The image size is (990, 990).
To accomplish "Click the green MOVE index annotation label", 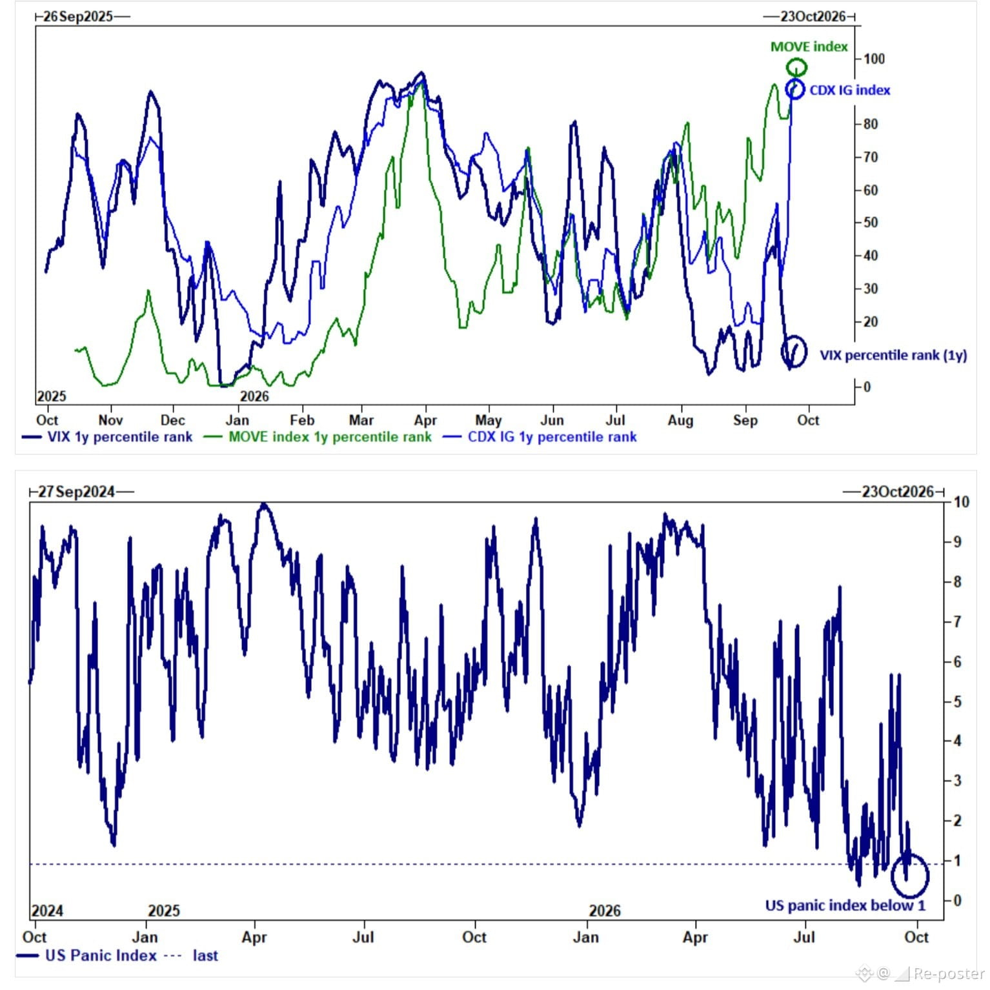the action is [x=809, y=46].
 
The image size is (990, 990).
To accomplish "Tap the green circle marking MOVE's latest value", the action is [x=796, y=59].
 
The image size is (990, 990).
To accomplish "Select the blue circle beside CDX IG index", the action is [x=787, y=89].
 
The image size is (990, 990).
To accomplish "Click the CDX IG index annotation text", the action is [x=849, y=90].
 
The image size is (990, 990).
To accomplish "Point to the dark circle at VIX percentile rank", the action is [x=782, y=352].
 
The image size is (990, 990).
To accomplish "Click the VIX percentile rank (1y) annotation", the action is [x=893, y=355].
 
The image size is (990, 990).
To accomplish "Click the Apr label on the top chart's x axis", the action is [x=425, y=420].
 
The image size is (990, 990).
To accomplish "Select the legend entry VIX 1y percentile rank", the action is [x=107, y=437].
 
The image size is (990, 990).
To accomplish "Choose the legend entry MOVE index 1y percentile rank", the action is [x=318, y=437].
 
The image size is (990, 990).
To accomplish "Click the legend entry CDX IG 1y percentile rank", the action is [x=540, y=437].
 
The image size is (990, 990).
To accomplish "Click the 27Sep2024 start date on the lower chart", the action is [x=76, y=492].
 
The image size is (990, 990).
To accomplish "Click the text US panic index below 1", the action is [x=845, y=905].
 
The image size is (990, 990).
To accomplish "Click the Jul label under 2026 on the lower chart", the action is [x=804, y=936].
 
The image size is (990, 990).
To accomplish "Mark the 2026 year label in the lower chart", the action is [x=605, y=911].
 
